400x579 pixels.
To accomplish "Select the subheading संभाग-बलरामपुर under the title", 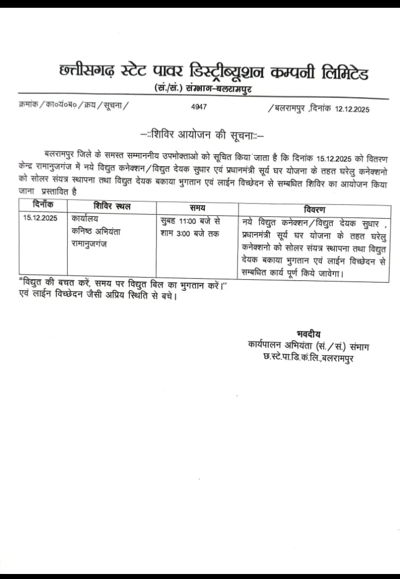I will (221, 88).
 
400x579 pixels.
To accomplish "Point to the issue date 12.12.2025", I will (353, 109).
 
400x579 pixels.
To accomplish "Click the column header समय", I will (197, 208).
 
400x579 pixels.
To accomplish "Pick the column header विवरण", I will (315, 209).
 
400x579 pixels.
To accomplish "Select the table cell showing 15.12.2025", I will (41, 219).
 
